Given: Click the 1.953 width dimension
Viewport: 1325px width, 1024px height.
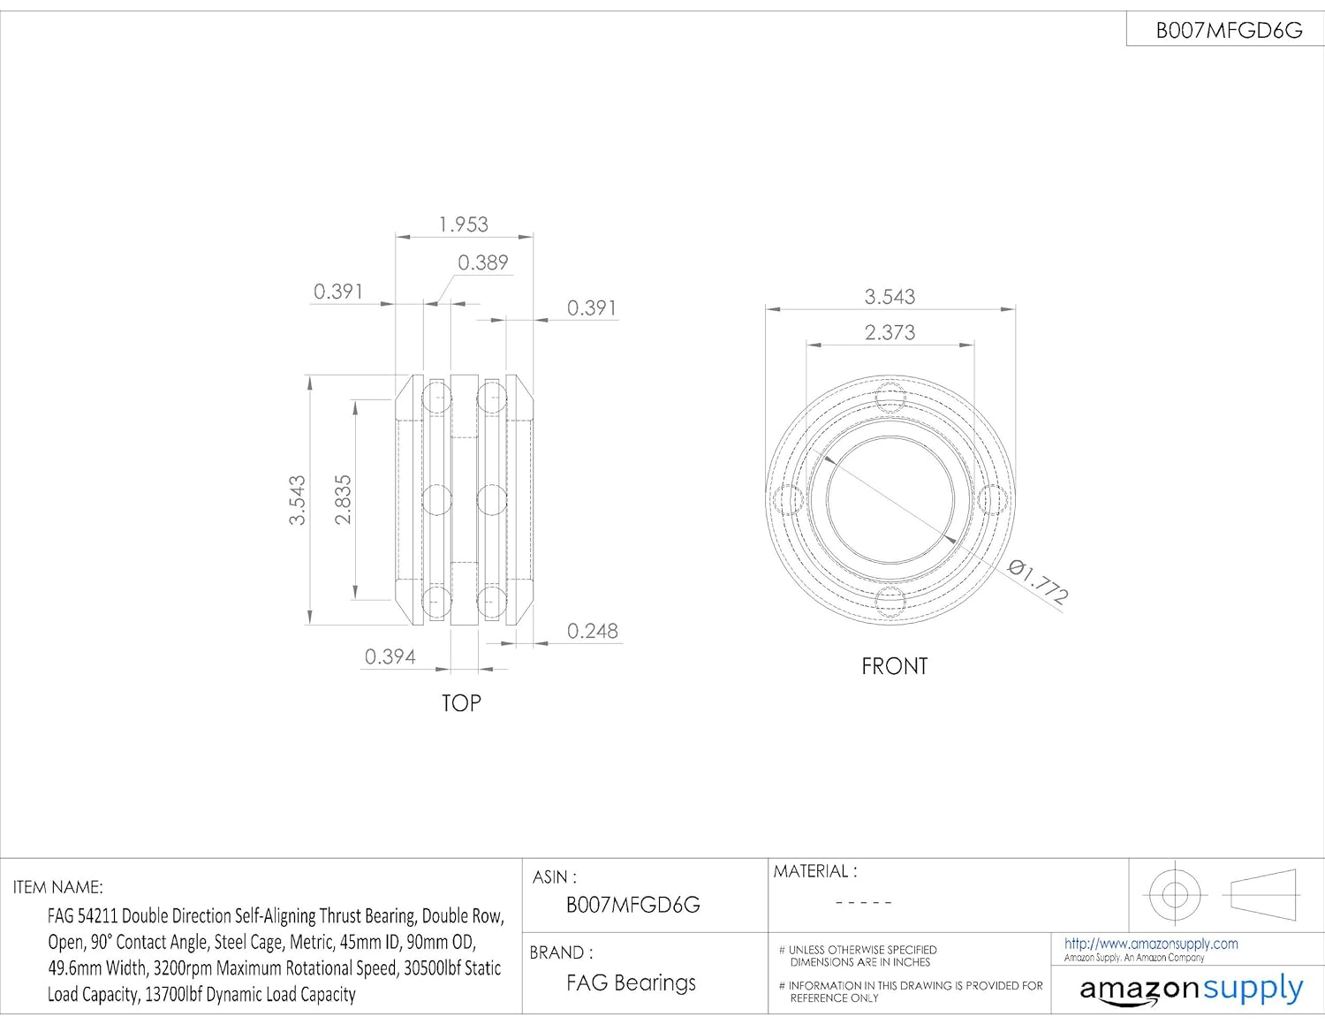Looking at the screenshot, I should click(464, 224).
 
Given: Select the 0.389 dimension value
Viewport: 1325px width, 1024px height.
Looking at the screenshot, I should click(482, 262).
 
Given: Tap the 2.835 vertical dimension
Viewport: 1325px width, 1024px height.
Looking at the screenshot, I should click(343, 500).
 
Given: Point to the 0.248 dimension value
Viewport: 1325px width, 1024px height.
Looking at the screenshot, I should click(592, 631).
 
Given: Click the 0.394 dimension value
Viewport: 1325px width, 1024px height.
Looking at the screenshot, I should click(390, 656).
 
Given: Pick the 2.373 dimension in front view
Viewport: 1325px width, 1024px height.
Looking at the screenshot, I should click(890, 332).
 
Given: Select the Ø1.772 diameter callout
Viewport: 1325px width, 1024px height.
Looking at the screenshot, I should click(1039, 581).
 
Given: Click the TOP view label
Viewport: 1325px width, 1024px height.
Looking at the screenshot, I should click(461, 703).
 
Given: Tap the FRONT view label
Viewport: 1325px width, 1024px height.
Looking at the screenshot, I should click(894, 666).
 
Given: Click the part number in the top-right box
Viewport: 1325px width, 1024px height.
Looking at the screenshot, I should click(1229, 31).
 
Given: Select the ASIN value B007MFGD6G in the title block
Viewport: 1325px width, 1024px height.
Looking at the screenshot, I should click(632, 905).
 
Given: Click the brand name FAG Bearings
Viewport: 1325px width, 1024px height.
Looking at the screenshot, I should click(631, 982).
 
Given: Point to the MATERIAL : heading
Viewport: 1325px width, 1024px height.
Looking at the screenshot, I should click(814, 872).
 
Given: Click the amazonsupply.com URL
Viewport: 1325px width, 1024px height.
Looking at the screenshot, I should click(1150, 944).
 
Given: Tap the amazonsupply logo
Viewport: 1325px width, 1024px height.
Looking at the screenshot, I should click(1191, 989).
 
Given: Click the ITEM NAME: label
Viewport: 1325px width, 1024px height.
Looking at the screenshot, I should click(57, 887).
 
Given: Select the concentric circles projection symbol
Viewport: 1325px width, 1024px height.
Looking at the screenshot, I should click(1175, 894).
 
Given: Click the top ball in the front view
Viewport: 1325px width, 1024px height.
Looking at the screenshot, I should click(890, 397).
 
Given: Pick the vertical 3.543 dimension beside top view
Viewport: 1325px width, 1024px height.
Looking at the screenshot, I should click(298, 500).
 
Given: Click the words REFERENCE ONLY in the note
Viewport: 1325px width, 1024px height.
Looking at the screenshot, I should click(834, 998).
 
